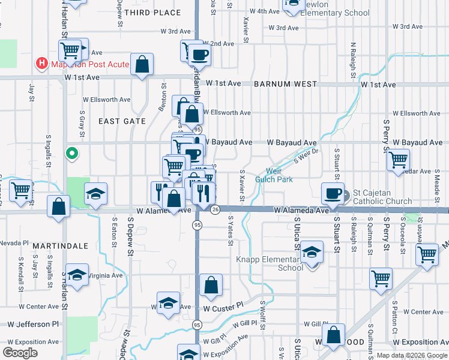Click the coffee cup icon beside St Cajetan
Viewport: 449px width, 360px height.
click(333, 193)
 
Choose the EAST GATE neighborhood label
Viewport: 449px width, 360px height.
click(122, 121)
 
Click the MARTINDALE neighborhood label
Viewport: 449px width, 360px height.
click(61, 246)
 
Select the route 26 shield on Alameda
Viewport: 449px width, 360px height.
click(215, 209)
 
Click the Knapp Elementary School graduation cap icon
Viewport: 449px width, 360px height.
click(312, 254)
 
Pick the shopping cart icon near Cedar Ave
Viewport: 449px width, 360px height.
click(399, 160)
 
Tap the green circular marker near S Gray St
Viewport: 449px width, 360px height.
click(72, 154)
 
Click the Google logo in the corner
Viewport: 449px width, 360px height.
click(20, 353)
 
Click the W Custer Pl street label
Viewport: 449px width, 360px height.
click(223, 307)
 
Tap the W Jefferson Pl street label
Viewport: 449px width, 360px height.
click(34, 323)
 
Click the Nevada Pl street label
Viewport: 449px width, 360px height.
click(14, 243)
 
